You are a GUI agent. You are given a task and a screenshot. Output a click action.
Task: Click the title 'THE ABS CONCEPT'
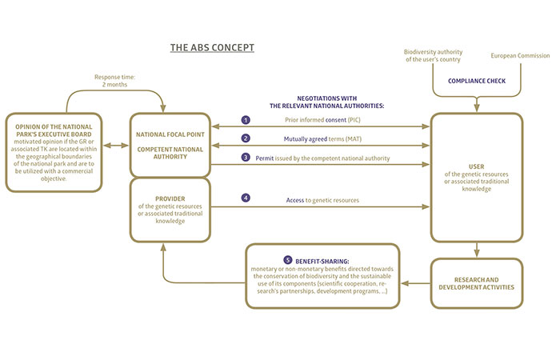pos(212,47)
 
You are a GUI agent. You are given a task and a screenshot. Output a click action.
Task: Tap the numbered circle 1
pos(246,120)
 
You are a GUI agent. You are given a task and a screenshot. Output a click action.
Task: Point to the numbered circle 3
pos(246,158)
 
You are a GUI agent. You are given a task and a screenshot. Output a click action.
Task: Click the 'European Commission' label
pos(520,56)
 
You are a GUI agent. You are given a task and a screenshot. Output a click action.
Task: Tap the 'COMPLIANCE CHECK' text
pos(478,81)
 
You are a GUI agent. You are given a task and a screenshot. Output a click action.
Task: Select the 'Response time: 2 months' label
pos(116,81)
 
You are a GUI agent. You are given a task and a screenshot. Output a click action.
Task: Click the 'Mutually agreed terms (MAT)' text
pos(323,139)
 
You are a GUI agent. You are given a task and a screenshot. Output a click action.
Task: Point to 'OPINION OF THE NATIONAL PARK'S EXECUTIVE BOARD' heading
pos(54,132)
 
